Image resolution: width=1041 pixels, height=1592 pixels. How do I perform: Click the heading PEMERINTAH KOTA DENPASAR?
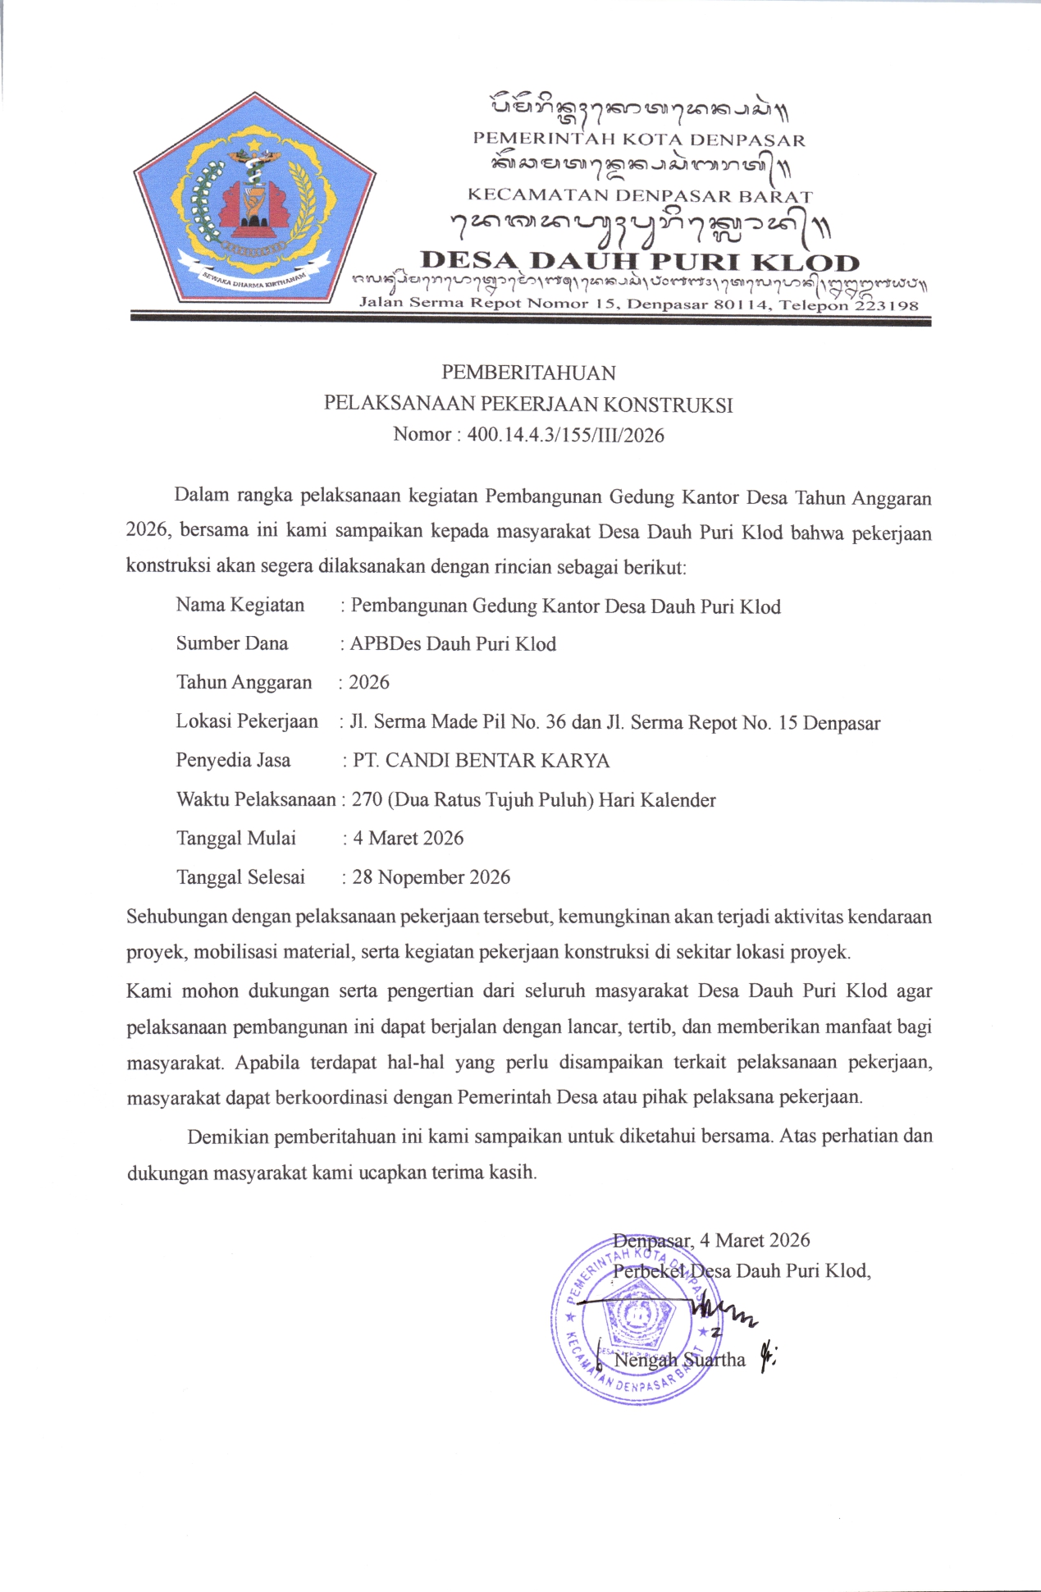click(x=639, y=140)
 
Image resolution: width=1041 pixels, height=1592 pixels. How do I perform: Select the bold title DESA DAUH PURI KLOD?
click(x=640, y=262)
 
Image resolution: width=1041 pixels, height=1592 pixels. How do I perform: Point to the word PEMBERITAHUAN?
click(x=528, y=373)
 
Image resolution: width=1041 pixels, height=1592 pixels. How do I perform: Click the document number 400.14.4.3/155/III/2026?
click(x=565, y=435)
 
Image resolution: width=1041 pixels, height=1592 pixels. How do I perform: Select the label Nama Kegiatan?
click(x=240, y=606)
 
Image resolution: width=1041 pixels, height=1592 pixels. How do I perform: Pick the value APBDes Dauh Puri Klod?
click(x=453, y=644)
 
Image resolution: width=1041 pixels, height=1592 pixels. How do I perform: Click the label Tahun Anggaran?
click(x=244, y=683)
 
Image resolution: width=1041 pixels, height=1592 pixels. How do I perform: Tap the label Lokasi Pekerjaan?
click(x=246, y=721)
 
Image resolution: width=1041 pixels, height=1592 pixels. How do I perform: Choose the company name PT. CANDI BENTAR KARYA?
click(x=481, y=761)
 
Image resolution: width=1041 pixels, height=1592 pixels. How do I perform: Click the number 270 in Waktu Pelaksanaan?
click(x=368, y=799)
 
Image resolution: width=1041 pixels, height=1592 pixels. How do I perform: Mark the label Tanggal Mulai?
click(x=235, y=839)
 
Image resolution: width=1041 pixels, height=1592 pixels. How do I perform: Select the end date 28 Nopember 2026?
click(x=431, y=877)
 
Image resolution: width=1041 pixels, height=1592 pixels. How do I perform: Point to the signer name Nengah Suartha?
click(x=679, y=1360)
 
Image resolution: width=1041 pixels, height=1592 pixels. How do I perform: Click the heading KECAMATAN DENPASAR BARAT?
click(x=640, y=196)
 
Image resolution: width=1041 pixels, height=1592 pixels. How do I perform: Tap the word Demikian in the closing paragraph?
click(x=228, y=1137)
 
